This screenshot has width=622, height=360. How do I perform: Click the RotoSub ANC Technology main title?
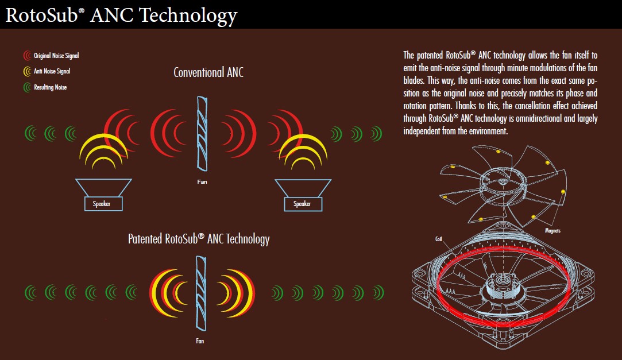coord(121,16)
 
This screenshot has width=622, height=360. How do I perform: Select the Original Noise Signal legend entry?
coord(51,56)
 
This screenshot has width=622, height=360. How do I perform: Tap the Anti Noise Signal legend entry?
coord(47,71)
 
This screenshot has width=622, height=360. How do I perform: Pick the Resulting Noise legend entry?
coord(45,87)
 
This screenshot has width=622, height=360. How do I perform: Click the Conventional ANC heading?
coord(208,72)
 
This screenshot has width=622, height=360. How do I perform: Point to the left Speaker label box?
coord(103,204)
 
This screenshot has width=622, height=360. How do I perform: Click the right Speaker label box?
coord(303,204)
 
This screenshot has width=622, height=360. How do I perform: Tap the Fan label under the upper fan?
coord(202,181)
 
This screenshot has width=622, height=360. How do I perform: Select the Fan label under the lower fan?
coord(200,341)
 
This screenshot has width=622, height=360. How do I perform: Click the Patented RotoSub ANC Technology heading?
coord(199,239)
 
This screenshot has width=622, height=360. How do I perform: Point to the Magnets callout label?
coord(553,231)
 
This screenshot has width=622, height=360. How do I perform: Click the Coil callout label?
coord(438,239)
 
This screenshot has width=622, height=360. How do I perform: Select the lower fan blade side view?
coord(201,293)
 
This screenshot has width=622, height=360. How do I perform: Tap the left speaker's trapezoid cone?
coord(103,188)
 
